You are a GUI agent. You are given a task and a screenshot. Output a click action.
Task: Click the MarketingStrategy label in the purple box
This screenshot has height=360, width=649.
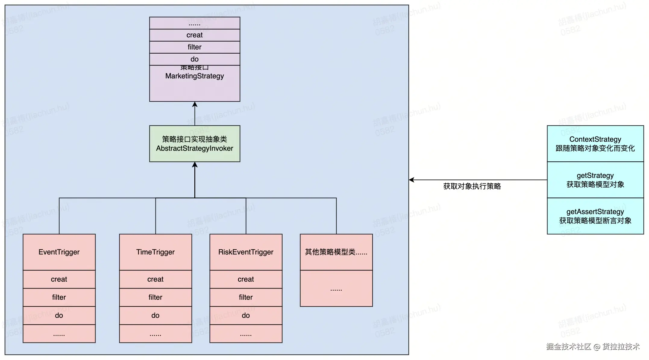coord(195,76)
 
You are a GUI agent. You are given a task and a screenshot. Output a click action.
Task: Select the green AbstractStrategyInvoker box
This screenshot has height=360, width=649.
coord(195,144)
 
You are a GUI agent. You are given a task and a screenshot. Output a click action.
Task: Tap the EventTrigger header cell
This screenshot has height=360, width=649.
coord(59,252)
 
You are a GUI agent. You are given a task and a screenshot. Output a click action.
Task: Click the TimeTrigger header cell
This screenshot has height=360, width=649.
coord(155,252)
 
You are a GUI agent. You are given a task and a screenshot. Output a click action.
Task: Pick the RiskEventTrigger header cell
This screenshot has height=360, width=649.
coord(246,252)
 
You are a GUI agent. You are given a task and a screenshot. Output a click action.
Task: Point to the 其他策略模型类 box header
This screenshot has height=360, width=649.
coord(336,252)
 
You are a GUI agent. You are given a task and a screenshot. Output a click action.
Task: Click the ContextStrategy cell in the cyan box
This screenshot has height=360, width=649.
coord(595,144)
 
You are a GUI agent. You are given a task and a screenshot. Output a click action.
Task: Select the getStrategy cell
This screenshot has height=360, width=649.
coord(595,180)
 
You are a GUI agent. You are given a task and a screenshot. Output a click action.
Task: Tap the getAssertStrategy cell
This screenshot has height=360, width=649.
coord(595,216)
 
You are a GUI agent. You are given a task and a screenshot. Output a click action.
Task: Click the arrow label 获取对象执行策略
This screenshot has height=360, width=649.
coord(472,186)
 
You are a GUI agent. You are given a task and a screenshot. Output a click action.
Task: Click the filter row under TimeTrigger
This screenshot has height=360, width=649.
coord(155,297)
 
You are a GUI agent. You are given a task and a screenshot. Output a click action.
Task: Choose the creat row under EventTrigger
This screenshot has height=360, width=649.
coord(59,279)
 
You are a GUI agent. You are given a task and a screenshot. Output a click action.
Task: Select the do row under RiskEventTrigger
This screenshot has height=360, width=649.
coord(246,315)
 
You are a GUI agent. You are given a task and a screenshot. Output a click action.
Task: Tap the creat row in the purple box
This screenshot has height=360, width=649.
coord(195,35)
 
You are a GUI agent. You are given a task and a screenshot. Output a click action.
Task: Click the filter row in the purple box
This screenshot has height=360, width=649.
coord(195,47)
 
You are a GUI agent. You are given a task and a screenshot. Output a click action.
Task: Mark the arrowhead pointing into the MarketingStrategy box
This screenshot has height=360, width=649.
coord(195,104)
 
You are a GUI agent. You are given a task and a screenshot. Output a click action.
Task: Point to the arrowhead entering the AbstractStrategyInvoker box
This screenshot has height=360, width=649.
coord(195,165)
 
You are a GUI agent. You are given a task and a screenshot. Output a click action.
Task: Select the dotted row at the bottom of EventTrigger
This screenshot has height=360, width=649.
coord(59,334)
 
